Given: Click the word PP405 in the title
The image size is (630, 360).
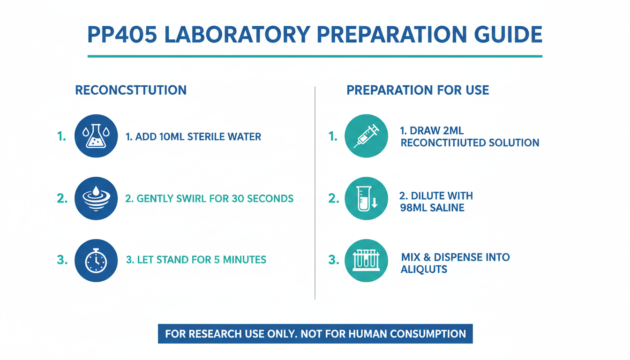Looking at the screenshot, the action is coord(122,35).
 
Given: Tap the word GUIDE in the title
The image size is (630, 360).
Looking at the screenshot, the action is coord(508,35).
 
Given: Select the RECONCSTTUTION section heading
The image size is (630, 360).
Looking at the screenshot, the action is coord(131,90).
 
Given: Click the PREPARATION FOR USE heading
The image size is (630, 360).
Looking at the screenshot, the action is coord(418,90).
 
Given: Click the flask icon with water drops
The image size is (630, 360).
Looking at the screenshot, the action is coord(96,136).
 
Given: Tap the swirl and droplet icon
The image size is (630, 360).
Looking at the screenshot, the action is coord(96,198).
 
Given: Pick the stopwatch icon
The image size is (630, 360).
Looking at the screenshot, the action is coord(96,261).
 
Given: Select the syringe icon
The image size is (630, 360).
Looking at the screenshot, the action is coord(366,136).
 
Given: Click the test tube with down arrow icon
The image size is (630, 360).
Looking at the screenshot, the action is coord(366,198).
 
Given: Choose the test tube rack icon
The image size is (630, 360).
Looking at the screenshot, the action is coord(366,261).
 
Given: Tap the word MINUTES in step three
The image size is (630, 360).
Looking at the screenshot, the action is coord(244,260).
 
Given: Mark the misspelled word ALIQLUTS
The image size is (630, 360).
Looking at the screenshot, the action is coord(424,270).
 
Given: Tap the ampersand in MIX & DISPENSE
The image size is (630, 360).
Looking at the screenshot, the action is coord(427,257).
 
